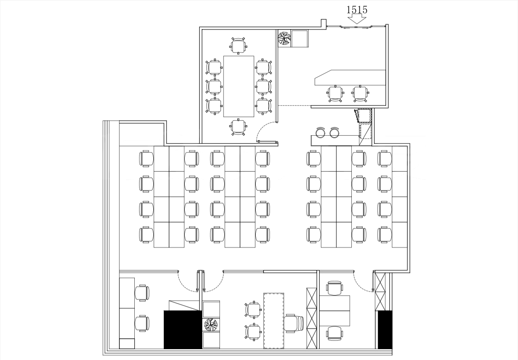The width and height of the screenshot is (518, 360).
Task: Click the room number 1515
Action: pos(357,10)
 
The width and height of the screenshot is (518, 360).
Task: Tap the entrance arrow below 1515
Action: pos(357,19)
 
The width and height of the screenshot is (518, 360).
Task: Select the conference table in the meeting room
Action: pos(239,86)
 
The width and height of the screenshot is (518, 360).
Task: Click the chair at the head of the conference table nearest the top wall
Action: pos(238,46)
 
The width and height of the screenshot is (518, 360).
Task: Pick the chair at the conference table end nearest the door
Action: pos(238,127)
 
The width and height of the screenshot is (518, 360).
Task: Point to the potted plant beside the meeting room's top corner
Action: pos(284,38)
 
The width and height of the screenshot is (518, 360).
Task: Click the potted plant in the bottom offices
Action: pos(211,324)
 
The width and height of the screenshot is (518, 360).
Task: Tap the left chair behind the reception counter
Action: pos(335,94)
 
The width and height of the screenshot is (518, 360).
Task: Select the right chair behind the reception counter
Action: pos(360,94)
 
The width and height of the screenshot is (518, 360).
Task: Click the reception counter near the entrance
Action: pos(350,78)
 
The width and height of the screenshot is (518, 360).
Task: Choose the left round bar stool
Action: pos(320,132)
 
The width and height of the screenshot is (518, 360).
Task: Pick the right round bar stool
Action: pos(334,132)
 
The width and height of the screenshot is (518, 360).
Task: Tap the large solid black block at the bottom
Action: pos(183,329)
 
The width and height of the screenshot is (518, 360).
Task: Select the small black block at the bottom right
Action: pos(385,329)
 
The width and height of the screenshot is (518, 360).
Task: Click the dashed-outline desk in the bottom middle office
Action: pos(274,321)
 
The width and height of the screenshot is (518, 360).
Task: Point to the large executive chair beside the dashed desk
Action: pos(294,323)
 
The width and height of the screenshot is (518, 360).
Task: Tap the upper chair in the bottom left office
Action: pos(142,293)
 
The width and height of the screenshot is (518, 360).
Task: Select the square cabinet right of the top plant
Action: pos(300,39)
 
